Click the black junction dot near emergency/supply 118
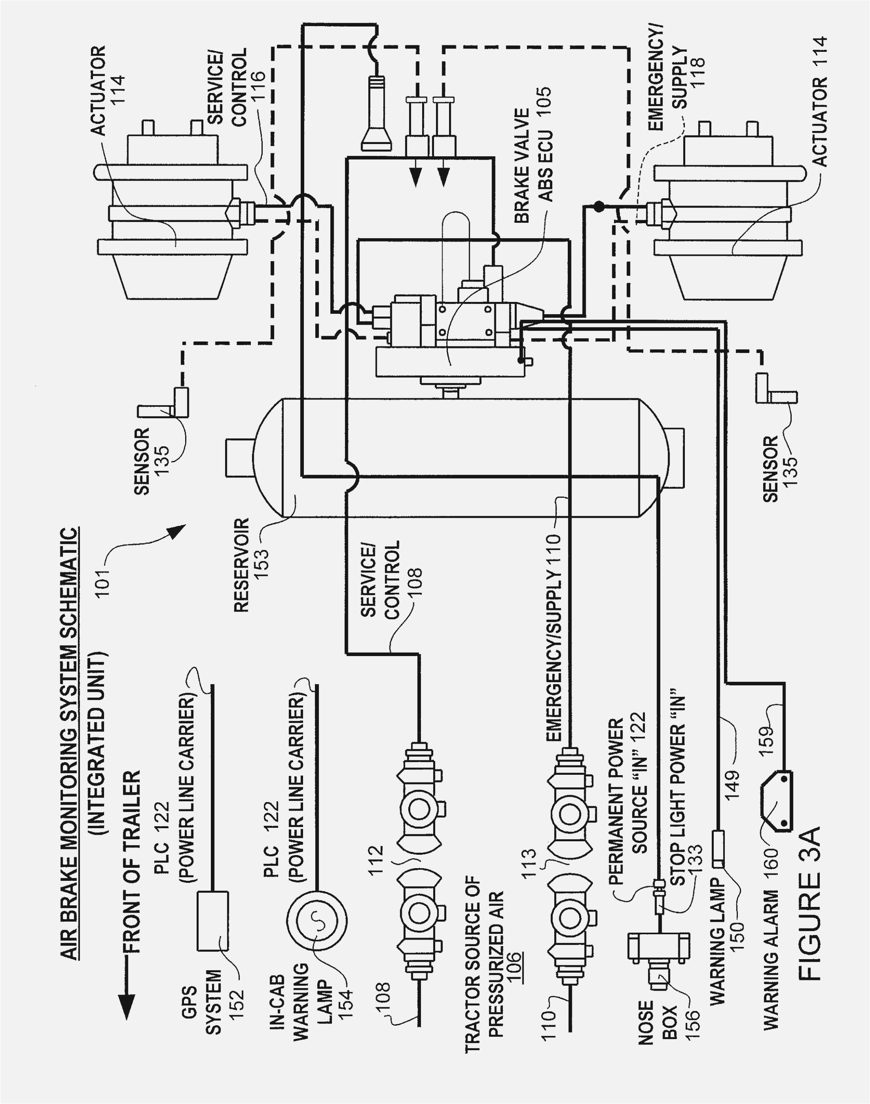(x=600, y=207)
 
